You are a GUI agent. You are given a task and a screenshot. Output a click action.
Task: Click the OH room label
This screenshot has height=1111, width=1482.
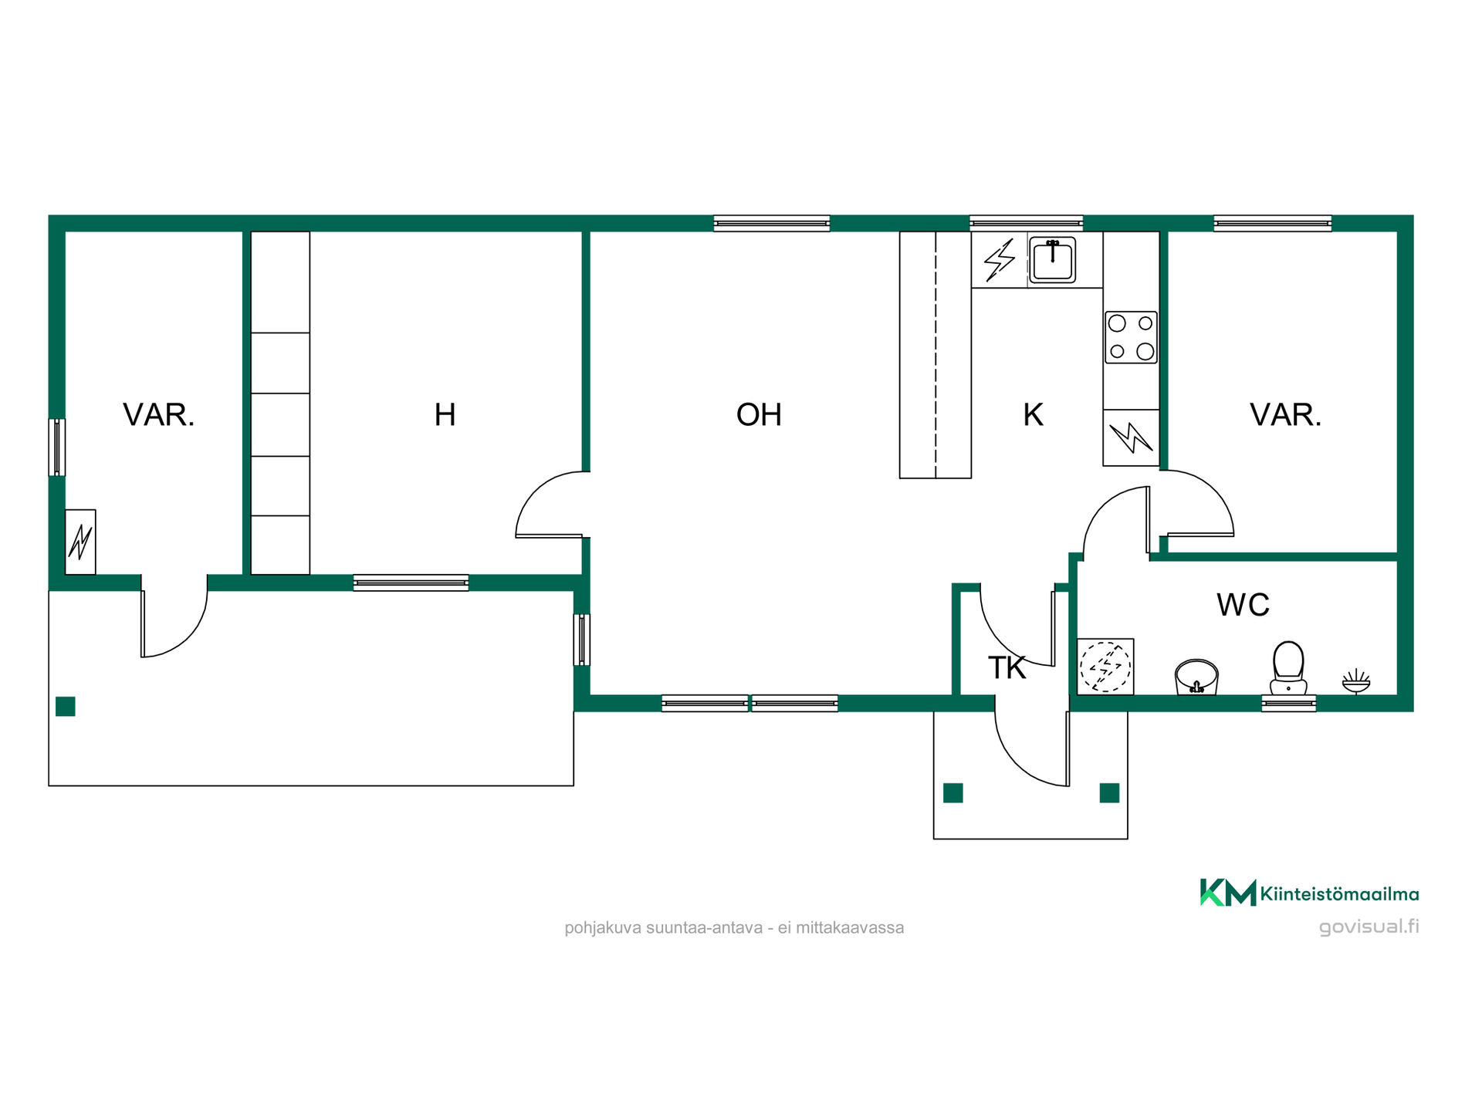[759, 415]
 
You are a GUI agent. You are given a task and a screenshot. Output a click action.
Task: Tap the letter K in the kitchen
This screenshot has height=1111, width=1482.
[1033, 415]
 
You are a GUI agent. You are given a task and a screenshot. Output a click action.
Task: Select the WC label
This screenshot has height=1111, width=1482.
[1243, 605]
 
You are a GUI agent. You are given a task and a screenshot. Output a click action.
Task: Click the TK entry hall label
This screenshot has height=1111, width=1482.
[1007, 668]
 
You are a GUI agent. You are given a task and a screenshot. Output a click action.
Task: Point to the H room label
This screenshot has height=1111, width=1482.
[445, 415]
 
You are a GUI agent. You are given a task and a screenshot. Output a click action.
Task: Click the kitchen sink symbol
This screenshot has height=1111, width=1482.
[1052, 260]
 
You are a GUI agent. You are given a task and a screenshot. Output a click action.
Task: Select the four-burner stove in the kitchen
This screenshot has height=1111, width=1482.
[1131, 337]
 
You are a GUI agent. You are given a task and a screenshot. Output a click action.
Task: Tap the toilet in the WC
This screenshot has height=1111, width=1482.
[1288, 668]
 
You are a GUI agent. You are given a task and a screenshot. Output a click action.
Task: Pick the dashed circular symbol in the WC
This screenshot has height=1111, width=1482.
[1105, 667]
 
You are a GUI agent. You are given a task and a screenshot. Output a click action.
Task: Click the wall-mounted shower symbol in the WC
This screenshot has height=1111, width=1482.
[1356, 681]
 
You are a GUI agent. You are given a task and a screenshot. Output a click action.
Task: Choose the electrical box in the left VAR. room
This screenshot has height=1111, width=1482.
[80, 542]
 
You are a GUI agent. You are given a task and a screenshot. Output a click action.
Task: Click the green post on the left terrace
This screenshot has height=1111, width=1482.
[66, 706]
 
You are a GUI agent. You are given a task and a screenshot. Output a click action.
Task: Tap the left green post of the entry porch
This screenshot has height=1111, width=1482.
[953, 792]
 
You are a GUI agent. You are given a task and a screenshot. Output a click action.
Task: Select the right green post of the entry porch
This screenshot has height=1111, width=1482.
[1109, 792]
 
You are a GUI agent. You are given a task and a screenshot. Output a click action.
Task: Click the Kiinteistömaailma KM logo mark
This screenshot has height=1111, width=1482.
[1227, 893]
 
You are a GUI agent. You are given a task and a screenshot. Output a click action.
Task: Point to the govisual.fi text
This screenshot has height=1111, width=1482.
[1369, 927]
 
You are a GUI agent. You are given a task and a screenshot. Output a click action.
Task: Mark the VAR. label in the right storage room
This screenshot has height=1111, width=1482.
[1285, 415]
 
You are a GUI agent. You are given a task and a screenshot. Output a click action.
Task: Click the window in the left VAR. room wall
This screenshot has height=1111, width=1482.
[57, 447]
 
